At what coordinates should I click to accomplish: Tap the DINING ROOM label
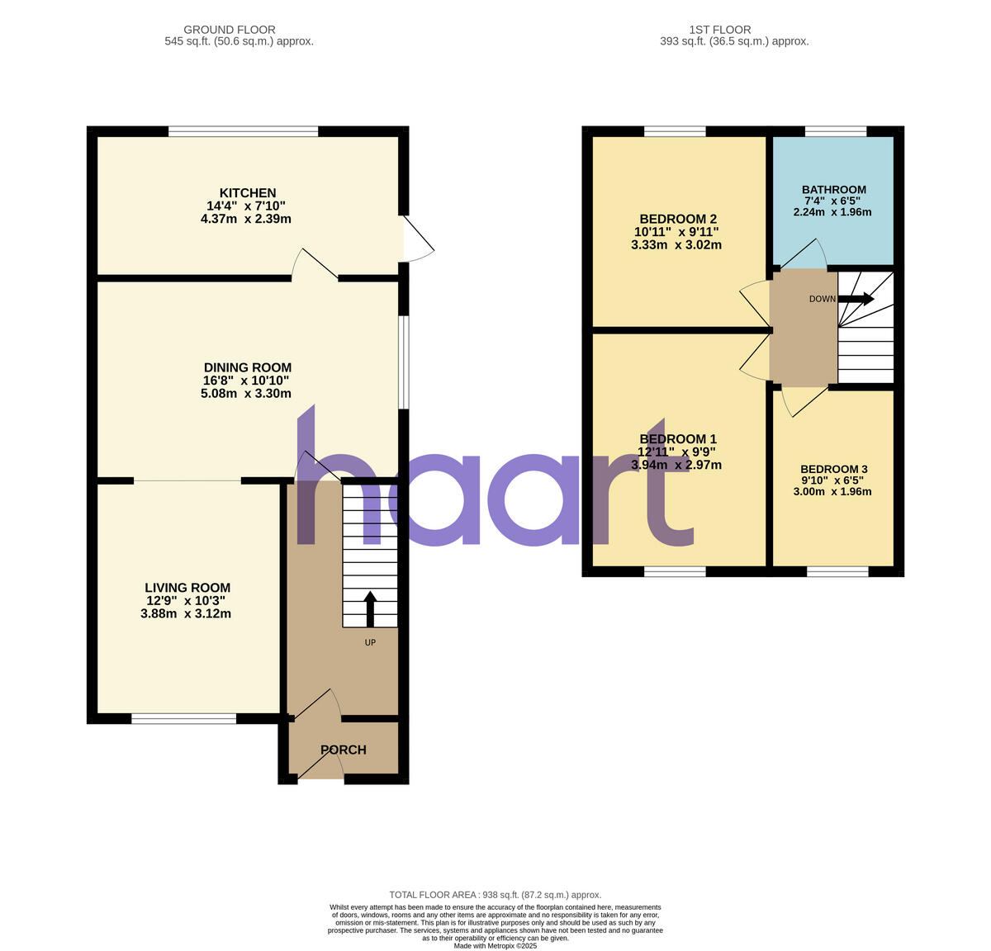247,367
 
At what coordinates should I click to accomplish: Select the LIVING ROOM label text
186,588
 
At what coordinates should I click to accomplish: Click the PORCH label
344,750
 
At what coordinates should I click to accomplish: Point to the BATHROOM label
833,190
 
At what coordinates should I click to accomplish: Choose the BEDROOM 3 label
833,469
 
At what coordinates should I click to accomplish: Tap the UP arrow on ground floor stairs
369,608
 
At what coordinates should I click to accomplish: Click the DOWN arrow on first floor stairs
856,299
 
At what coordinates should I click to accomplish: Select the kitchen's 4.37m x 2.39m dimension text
246,219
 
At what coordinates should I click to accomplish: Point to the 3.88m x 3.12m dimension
186,613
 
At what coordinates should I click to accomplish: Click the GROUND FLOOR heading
230,30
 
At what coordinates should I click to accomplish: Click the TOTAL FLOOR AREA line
495,895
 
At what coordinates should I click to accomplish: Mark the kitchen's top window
244,130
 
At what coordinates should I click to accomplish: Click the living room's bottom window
184,719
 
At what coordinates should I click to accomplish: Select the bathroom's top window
836,130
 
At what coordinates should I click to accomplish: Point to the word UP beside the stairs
370,642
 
